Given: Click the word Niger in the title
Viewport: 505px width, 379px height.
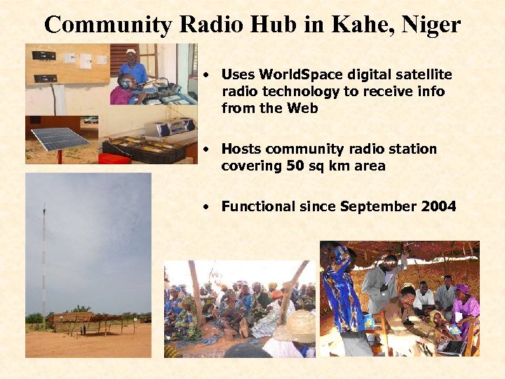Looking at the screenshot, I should (x=429, y=25).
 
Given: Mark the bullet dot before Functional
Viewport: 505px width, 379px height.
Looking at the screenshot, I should (x=206, y=207).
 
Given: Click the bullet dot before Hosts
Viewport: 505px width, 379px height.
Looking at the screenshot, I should (x=206, y=149).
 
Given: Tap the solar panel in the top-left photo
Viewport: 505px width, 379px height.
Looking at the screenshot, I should (x=60, y=138).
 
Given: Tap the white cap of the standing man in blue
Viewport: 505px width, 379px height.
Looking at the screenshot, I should (x=131, y=52).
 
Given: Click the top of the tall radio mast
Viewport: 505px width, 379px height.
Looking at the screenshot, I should (x=43, y=209).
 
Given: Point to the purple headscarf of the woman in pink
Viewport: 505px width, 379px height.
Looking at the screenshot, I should (x=462, y=288).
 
